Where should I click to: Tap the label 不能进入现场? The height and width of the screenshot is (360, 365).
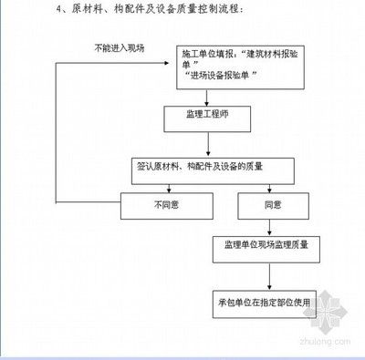[x=120, y=47]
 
